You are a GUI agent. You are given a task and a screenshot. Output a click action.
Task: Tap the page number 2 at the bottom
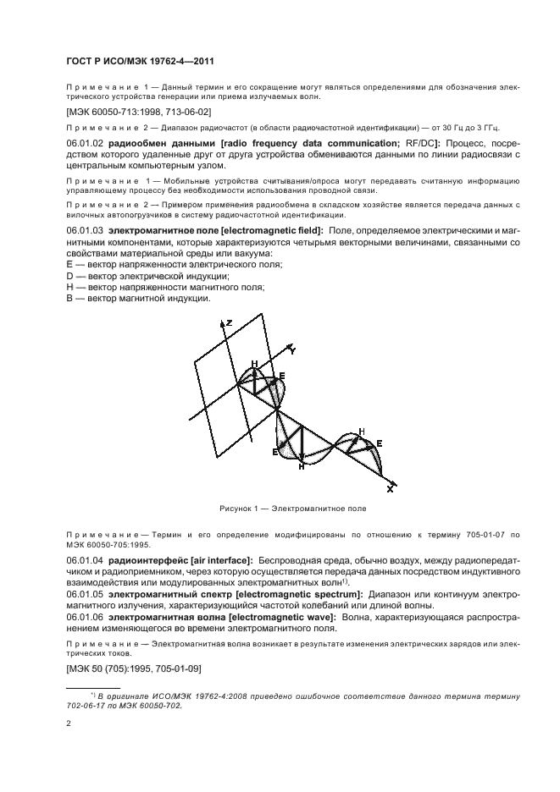pyautogui.click(x=69, y=723)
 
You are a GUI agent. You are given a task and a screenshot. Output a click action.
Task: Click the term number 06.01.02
pyautogui.click(x=84, y=145)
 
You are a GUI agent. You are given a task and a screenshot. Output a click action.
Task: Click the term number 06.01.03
pyautogui.click(x=84, y=230)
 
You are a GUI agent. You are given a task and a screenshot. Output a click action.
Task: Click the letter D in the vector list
pyautogui.click(x=70, y=276)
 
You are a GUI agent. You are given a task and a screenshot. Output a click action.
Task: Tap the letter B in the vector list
pyautogui.click(x=70, y=298)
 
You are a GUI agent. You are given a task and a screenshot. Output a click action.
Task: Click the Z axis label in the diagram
pyautogui.click(x=228, y=322)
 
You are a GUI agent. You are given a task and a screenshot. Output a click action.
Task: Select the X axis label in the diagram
pyautogui.click(x=389, y=489)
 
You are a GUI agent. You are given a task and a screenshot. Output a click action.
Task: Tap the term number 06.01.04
pyautogui.click(x=84, y=560)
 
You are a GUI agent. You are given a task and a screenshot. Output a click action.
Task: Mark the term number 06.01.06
pyautogui.click(x=84, y=617)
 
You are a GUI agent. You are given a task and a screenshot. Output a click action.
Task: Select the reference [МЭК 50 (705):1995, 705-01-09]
pyautogui.click(x=131, y=668)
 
